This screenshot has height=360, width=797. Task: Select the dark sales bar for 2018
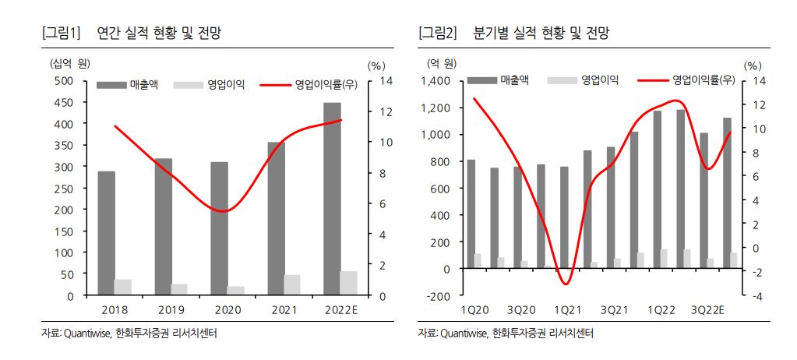pyautogui.click(x=107, y=233)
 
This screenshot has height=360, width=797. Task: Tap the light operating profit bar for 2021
pyautogui.click(x=292, y=285)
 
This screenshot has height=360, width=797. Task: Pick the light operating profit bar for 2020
pyautogui.click(x=235, y=291)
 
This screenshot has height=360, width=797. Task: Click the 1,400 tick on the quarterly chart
pyautogui.click(x=436, y=80)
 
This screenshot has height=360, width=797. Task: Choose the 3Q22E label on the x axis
pyautogui.click(x=707, y=309)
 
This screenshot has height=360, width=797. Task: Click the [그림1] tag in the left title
pyautogui.click(x=61, y=33)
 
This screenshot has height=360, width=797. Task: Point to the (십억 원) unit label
pyautogui.click(x=71, y=62)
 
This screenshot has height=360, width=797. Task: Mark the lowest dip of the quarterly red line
pyautogui.click(x=567, y=284)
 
